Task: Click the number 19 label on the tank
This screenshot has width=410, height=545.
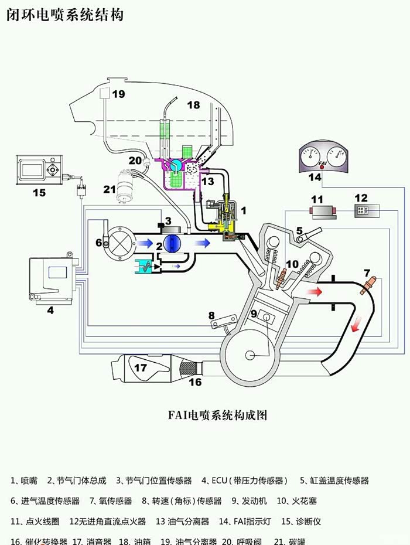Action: (118, 94)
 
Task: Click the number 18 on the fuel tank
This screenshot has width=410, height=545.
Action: (193, 105)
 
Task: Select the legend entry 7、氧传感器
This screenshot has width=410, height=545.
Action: (111, 501)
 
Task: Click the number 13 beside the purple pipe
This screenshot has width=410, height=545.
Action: (209, 182)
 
